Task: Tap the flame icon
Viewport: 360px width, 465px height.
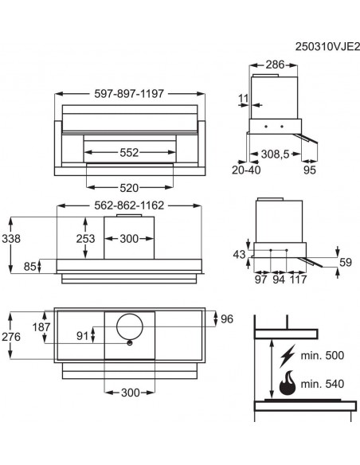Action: (285, 383)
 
